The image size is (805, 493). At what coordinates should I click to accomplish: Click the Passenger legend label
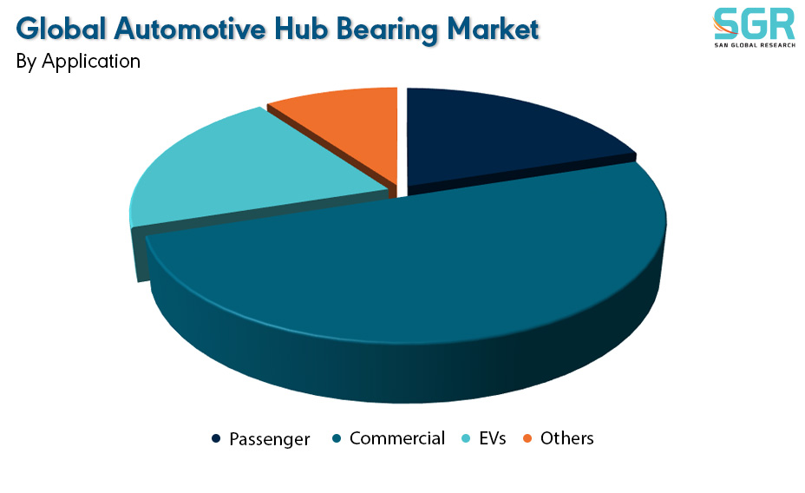point(270,439)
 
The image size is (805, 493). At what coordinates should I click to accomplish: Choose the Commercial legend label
point(396,438)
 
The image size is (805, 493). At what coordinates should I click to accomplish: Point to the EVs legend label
point(493,438)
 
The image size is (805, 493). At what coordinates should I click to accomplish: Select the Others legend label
point(566,438)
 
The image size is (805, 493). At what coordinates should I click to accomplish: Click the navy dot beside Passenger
point(216,438)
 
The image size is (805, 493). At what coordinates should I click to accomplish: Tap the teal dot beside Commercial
point(337,438)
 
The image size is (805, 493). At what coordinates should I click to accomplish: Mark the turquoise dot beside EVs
point(466,438)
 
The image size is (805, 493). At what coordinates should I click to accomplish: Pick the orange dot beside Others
point(527,438)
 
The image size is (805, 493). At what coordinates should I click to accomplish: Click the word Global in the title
point(62,29)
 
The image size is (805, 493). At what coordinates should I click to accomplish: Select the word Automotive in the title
point(190,29)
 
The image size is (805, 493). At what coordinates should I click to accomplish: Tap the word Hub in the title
point(301,29)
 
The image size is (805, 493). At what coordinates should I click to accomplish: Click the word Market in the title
point(493,29)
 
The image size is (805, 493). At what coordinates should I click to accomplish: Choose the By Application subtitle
point(78,62)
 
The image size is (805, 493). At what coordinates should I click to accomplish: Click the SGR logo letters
point(754,23)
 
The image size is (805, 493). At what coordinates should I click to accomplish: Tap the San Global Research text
point(755,45)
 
